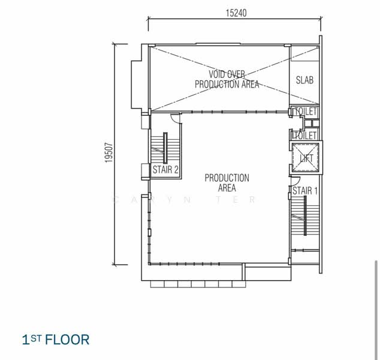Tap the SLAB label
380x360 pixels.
(304, 80)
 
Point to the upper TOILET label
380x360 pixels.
(305, 112)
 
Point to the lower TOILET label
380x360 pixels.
(305, 136)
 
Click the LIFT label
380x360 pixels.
(306, 158)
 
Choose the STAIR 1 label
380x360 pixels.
(305, 191)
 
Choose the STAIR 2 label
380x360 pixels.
(165, 170)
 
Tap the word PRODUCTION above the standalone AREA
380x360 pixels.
(227, 178)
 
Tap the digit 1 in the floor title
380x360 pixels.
(25, 340)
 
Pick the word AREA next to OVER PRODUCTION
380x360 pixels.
(249, 85)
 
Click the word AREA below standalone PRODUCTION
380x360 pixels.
(227, 188)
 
